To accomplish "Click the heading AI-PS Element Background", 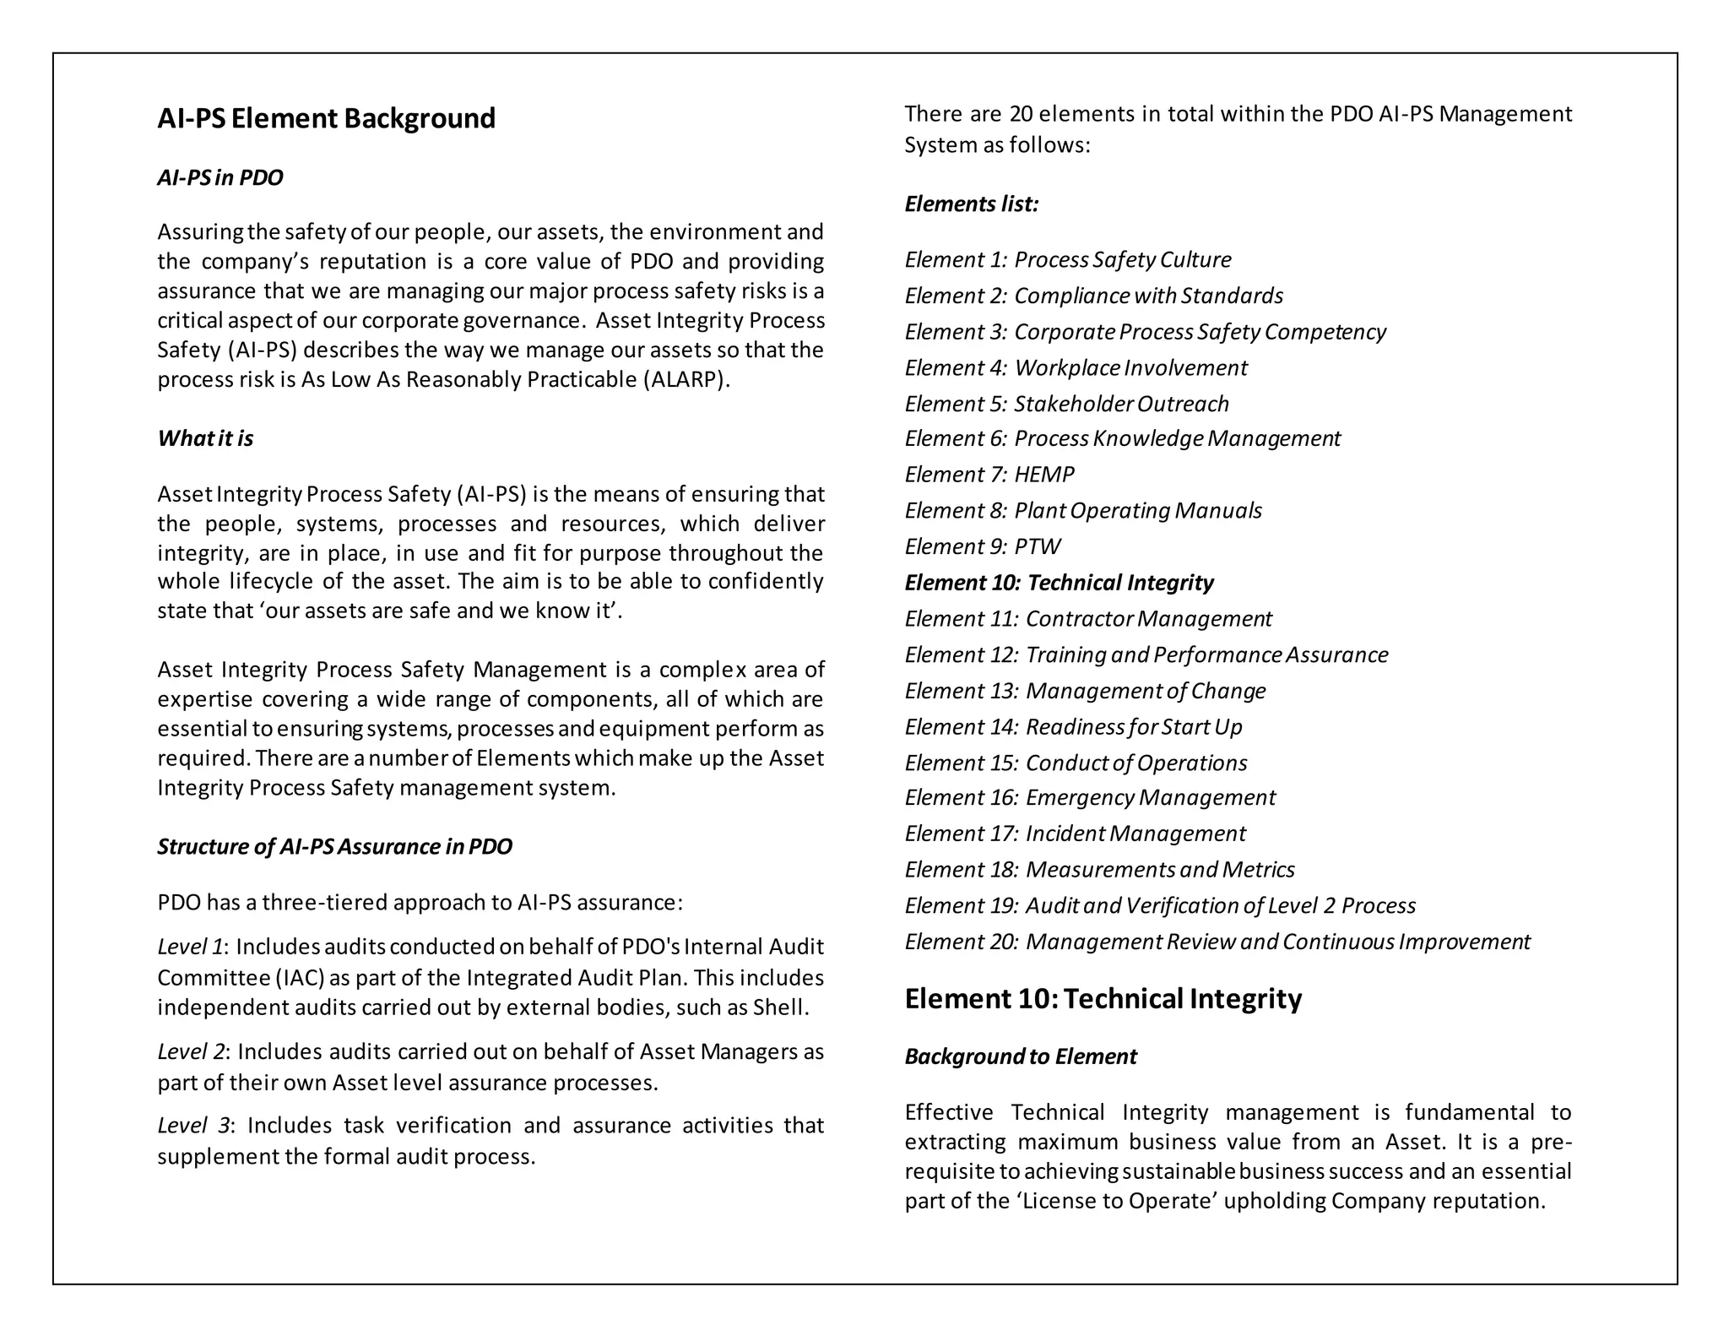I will [x=326, y=118].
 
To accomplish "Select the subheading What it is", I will [x=205, y=438].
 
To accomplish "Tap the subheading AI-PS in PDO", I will [x=220, y=178].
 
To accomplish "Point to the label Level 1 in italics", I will [x=190, y=948].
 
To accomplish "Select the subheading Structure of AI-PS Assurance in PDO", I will [x=334, y=847].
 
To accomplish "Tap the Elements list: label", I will [x=972, y=204].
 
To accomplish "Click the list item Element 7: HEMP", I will [x=989, y=475].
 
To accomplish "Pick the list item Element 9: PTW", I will [x=983, y=546].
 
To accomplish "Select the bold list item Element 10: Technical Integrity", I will [x=1059, y=583].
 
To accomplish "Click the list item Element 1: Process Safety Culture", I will [x=1068, y=259].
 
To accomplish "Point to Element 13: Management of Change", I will [x=1085, y=691].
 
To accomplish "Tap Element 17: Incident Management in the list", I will [x=1075, y=834].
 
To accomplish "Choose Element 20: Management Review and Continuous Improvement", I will [x=1217, y=942].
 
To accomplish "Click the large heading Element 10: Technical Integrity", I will [x=1103, y=999].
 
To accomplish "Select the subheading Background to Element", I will [x=1021, y=1056].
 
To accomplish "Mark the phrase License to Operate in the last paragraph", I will [x=1119, y=1201].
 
